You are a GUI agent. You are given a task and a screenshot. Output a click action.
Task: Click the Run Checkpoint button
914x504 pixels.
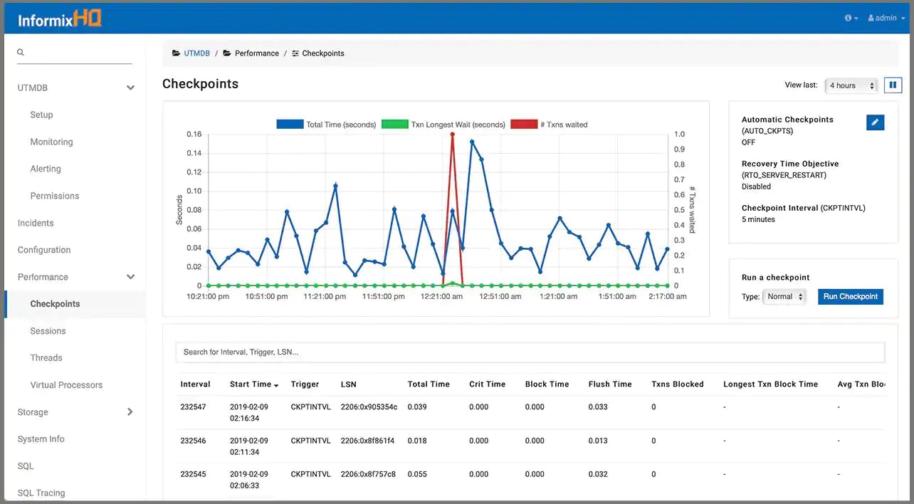850,297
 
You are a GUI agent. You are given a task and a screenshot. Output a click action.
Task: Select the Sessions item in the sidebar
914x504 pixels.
48,331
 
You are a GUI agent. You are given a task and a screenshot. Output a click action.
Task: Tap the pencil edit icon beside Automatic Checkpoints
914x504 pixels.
875,122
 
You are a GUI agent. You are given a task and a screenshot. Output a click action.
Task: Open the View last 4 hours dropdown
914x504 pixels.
851,85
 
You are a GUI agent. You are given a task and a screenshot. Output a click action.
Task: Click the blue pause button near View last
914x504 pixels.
893,85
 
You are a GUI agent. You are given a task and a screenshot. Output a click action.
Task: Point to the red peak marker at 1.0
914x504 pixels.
452,134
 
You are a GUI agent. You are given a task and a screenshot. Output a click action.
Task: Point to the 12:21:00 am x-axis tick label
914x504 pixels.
441,297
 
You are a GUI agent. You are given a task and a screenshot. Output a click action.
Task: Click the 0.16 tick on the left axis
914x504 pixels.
194,134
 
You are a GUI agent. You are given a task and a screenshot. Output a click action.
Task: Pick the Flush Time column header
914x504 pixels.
610,384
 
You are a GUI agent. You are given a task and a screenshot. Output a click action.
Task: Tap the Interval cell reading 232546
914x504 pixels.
193,441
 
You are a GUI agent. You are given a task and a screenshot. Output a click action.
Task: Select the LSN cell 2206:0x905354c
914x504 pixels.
369,407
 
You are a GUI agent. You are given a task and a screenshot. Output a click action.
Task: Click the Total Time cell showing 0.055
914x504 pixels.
417,474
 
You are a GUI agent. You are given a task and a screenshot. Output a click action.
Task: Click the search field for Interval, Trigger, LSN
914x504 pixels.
530,352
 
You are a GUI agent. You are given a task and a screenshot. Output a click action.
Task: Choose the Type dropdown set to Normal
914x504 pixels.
784,297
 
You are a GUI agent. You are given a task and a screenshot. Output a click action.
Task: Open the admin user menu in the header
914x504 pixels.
886,18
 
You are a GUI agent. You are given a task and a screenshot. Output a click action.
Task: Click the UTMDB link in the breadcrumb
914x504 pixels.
196,53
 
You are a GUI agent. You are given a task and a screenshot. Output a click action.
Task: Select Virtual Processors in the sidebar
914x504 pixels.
66,385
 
